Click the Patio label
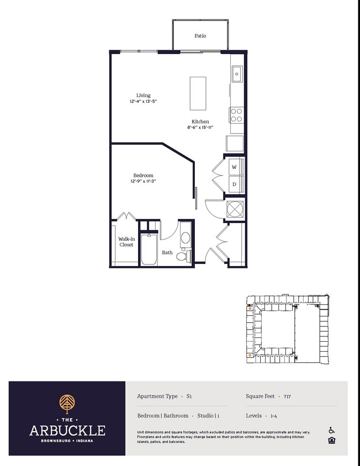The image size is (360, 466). tap(200, 36)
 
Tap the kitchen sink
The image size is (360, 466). tap(237, 73)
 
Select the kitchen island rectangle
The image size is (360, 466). tap(198, 93)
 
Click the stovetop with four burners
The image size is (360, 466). tap(236, 115)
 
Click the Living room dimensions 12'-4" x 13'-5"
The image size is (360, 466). tap(143, 102)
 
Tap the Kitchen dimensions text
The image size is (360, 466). tap(200, 128)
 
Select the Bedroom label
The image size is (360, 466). tap(143, 176)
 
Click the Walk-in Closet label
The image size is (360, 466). tap(126, 242)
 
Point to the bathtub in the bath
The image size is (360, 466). tap(149, 249)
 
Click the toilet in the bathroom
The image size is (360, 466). tap(183, 256)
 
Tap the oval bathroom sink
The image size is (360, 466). tap(186, 238)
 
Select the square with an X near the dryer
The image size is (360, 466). tap(235, 209)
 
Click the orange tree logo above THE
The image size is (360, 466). tap(67, 404)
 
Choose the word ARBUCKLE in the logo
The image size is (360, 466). tap(67, 430)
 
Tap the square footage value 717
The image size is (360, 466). tap(287, 396)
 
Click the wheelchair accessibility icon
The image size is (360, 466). tap(332, 430)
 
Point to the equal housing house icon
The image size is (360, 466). tap(332, 440)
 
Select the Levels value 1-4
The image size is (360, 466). tap(273, 416)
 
